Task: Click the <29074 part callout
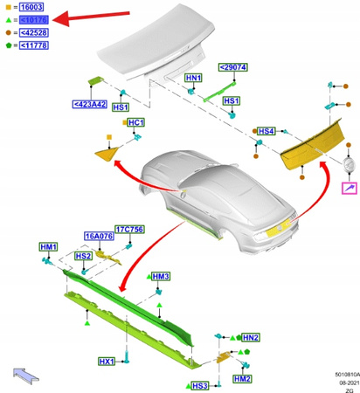[x=233, y=67]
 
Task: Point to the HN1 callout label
[x=195, y=79]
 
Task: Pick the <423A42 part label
[x=90, y=105]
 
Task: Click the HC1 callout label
[x=135, y=122]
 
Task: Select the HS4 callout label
[x=267, y=130]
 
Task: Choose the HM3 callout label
[x=161, y=276]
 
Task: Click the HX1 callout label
[x=107, y=361]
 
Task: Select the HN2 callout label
[x=251, y=337]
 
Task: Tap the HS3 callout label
[x=200, y=385]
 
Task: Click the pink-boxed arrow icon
[x=349, y=187]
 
